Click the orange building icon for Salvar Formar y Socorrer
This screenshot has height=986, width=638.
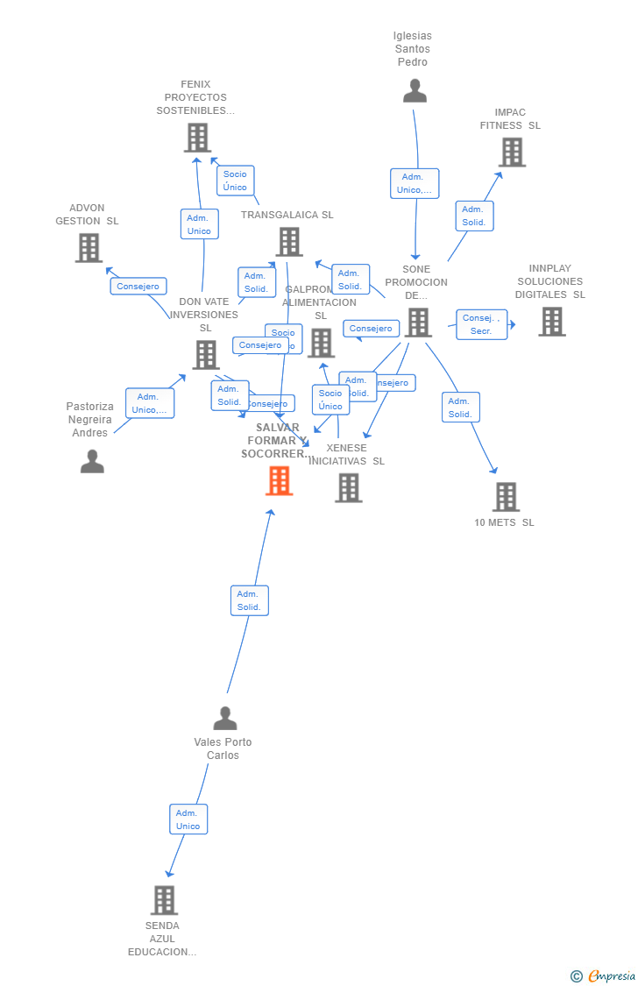click(279, 480)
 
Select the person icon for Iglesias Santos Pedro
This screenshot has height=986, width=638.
click(415, 91)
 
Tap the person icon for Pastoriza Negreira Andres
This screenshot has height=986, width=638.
click(92, 461)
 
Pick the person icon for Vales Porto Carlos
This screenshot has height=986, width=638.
click(225, 719)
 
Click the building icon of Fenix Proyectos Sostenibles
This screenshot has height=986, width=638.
click(197, 138)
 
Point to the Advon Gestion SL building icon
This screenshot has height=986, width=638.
click(89, 248)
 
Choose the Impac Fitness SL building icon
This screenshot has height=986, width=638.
click(512, 152)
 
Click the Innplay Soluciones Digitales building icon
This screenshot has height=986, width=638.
click(551, 322)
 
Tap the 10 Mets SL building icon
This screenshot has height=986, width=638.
click(506, 497)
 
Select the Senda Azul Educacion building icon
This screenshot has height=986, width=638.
click(164, 900)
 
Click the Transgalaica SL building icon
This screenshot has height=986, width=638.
click(288, 242)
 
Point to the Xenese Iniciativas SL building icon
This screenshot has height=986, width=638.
click(348, 487)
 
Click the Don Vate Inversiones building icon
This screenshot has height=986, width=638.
click(206, 355)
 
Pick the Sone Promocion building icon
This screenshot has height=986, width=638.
click(418, 323)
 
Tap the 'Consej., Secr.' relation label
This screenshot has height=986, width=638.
click(481, 324)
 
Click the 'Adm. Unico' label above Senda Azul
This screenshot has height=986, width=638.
click(188, 819)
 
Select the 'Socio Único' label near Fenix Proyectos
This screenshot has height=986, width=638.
click(235, 181)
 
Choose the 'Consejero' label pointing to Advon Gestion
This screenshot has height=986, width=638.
click(138, 287)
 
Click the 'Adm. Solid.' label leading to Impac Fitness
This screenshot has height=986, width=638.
click(474, 216)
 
